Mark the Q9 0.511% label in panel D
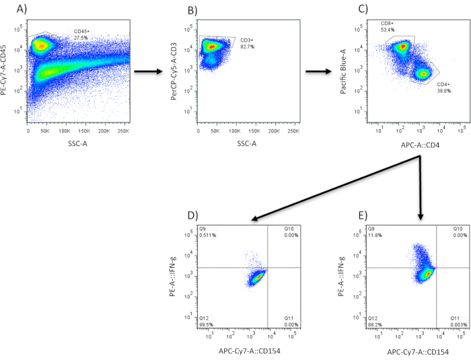[209, 232]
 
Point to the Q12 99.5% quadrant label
[207, 320]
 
